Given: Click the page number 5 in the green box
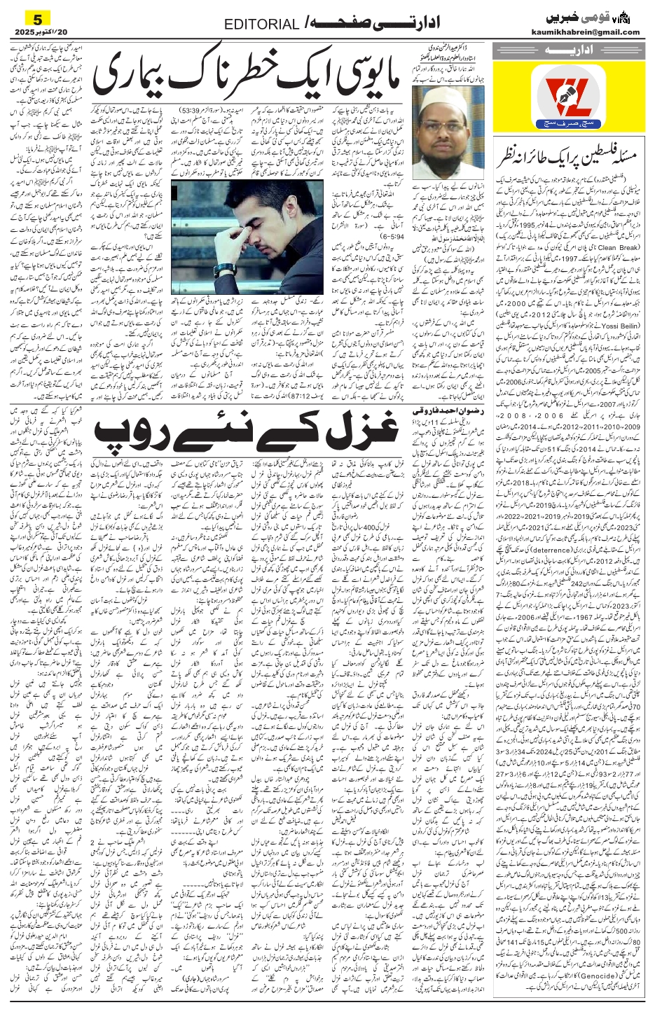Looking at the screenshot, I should point(27,18).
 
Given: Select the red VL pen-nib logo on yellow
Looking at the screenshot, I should point(566,92).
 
